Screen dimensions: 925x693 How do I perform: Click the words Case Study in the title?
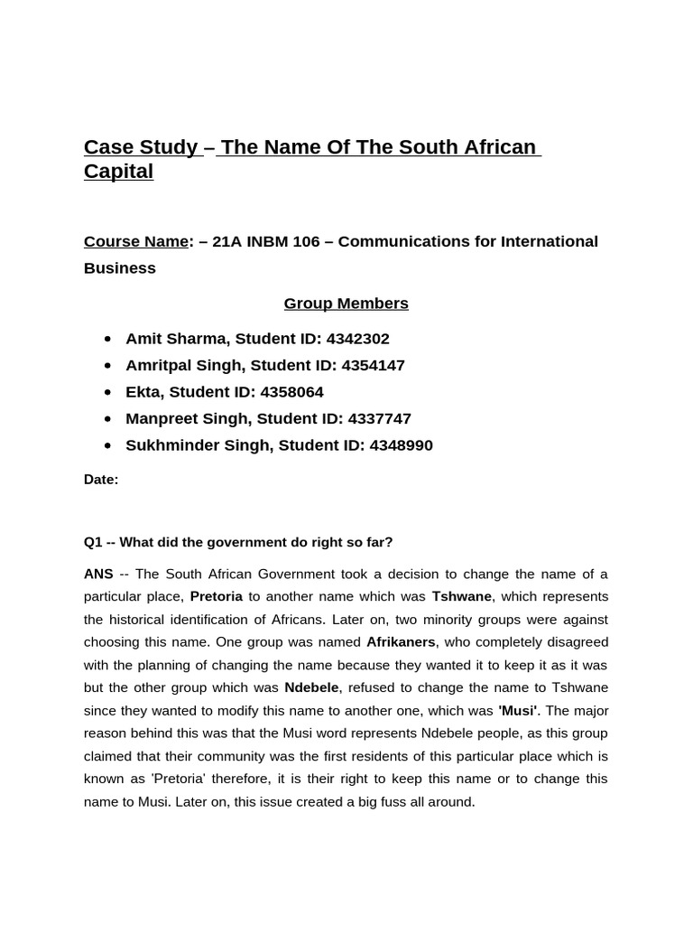click(x=141, y=147)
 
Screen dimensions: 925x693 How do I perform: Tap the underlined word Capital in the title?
click(x=118, y=172)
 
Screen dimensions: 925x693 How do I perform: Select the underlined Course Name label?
click(x=136, y=242)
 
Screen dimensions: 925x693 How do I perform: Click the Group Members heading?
click(x=346, y=304)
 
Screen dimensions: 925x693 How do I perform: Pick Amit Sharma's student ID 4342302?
click(x=358, y=339)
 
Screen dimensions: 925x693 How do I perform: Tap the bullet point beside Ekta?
click(x=108, y=392)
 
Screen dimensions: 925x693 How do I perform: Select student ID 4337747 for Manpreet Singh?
click(x=380, y=419)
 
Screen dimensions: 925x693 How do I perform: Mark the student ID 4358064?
click(x=291, y=392)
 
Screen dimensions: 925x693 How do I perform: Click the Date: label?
click(x=101, y=480)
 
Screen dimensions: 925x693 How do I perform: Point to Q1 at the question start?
click(x=93, y=542)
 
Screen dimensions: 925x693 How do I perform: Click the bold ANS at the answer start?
click(x=98, y=574)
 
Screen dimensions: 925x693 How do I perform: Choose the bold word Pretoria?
click(x=216, y=596)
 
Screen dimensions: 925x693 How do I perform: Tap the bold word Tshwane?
click(x=461, y=596)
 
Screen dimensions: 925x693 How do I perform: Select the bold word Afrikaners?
click(x=400, y=642)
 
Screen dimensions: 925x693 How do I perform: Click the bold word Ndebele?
click(x=310, y=687)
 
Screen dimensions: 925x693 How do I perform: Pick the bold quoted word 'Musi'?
click(x=517, y=710)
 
